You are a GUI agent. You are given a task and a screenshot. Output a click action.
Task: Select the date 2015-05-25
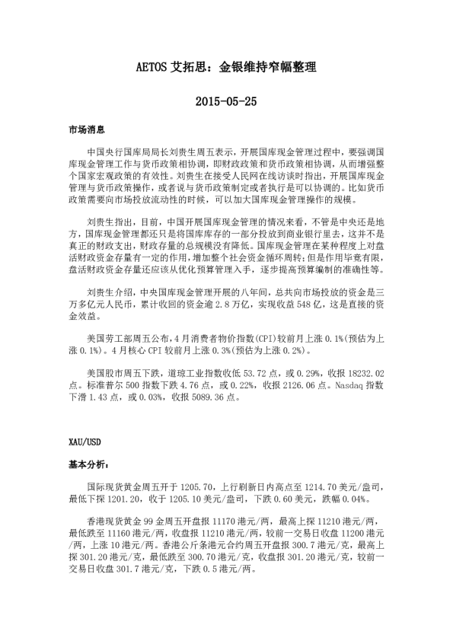coord(226,100)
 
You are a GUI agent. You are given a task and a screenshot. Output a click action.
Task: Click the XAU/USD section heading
coord(83,441)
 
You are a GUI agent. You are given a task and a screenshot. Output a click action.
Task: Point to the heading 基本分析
coord(87,463)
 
